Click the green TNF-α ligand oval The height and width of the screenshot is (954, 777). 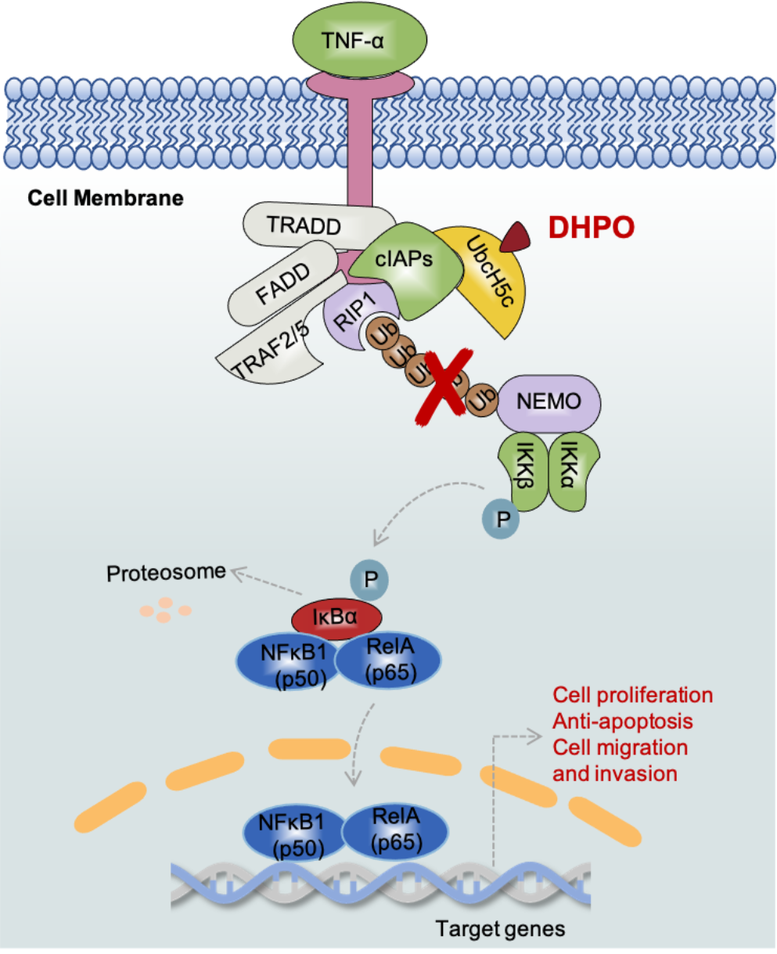click(x=359, y=38)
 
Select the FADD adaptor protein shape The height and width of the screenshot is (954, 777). click(x=282, y=283)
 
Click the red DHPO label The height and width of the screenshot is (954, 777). click(x=591, y=227)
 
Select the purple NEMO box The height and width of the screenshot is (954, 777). click(x=549, y=401)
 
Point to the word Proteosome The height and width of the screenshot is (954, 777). click(x=166, y=573)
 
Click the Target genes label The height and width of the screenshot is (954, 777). click(x=500, y=929)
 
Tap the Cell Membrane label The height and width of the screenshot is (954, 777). click(x=106, y=197)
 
